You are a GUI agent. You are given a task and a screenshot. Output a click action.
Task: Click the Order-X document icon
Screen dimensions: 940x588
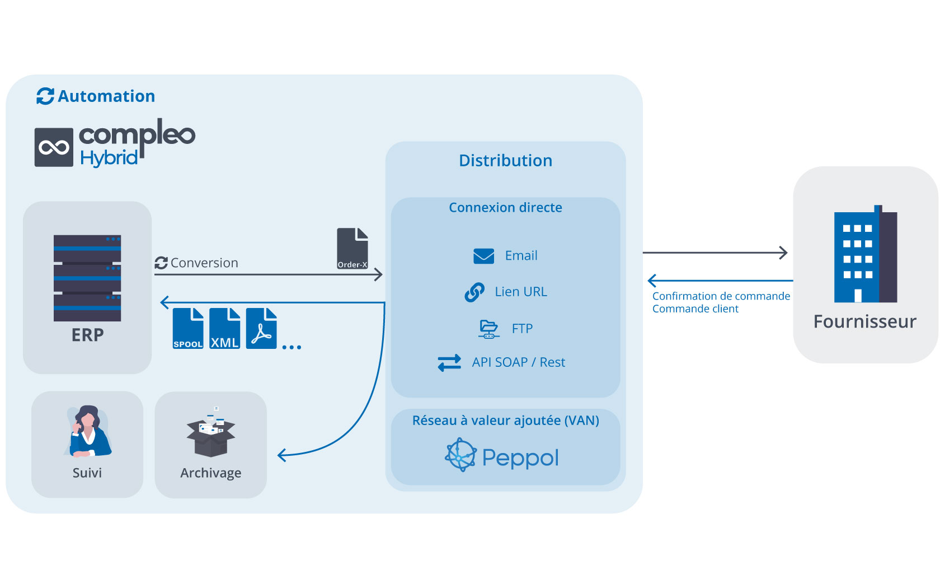[352, 248]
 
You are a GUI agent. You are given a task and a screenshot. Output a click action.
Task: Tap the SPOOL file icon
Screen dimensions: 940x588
[188, 328]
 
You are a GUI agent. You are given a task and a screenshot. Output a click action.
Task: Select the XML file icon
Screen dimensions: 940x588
[224, 328]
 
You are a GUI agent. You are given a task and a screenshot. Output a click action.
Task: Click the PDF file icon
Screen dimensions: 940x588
[261, 328]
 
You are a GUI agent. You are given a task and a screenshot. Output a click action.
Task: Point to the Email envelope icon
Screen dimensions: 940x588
[483, 256]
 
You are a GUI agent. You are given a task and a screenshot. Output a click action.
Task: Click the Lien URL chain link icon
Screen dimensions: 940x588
[474, 292]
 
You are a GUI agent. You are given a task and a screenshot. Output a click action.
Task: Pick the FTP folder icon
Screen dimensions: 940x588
[488, 329]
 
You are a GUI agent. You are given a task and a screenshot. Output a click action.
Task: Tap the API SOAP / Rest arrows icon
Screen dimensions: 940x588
[449, 362]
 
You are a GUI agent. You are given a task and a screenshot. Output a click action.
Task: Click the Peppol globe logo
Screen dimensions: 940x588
[460, 455]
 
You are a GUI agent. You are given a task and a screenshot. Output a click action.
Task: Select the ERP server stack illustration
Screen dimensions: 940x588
[87, 278]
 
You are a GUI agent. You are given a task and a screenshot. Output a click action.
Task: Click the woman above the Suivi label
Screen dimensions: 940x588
[88, 431]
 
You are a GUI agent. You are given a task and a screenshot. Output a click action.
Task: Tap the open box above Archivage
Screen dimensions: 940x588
[210, 432]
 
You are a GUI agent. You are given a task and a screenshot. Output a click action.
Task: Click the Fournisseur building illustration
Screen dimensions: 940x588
[865, 254]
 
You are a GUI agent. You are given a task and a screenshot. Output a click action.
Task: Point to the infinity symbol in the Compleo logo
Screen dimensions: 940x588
[54, 147]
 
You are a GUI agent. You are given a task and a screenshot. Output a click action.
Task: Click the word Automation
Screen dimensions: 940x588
[106, 96]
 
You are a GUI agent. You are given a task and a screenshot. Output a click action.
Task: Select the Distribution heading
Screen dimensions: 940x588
[505, 160]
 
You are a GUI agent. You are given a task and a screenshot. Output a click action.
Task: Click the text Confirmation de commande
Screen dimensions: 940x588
[721, 296]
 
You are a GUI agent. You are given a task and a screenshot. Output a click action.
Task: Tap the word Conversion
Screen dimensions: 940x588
[204, 263]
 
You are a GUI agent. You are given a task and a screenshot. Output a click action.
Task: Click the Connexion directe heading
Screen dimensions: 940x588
[505, 207]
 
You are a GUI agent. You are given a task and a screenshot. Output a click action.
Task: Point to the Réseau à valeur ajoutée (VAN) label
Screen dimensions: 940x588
[505, 421]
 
